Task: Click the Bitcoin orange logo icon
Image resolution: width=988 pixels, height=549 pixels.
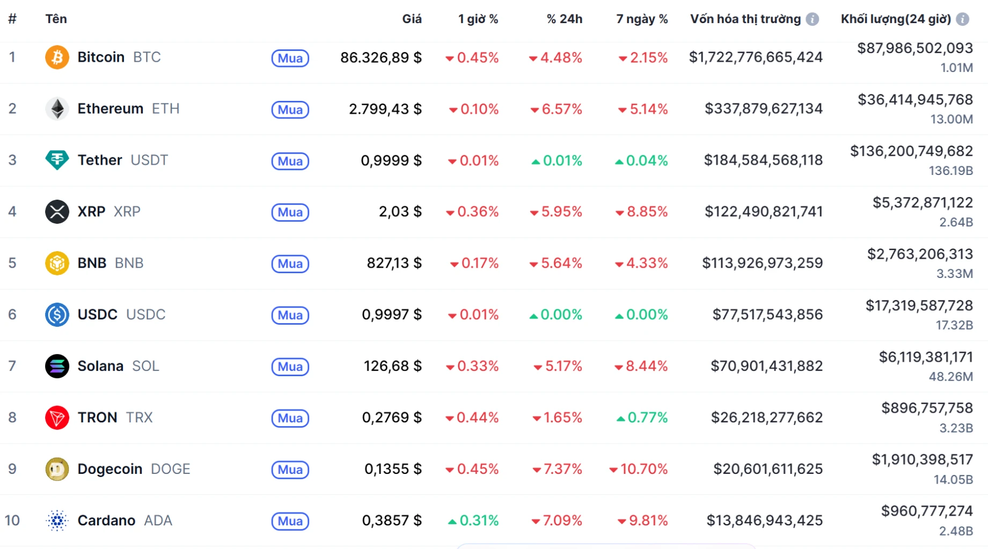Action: point(57,57)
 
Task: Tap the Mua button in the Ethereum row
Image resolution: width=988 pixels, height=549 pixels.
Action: point(290,109)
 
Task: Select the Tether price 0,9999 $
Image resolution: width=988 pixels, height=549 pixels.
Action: point(391,160)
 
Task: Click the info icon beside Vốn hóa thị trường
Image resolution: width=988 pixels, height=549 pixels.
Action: point(813,19)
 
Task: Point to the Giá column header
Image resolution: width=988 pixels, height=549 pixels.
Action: point(412,19)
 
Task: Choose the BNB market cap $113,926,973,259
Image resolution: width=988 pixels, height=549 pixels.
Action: point(762,263)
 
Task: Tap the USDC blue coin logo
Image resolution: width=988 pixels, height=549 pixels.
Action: point(57,315)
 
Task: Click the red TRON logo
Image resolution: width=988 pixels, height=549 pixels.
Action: point(57,418)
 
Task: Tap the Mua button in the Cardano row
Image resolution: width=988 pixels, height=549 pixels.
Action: point(290,521)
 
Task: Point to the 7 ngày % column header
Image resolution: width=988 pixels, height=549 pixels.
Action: point(642,19)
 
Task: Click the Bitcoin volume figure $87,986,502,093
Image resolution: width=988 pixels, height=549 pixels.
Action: point(914,48)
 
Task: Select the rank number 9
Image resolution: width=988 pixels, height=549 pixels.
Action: point(12,469)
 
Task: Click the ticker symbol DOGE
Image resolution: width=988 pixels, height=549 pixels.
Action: point(171,469)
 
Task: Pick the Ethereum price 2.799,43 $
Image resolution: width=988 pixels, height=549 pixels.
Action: point(385,109)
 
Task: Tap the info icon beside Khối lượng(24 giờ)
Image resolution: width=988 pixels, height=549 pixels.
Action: point(963,19)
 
